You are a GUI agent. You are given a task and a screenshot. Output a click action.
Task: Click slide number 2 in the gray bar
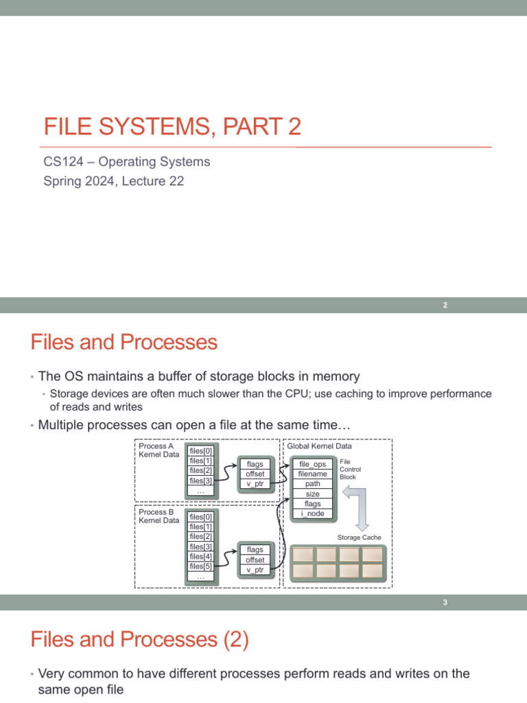tap(445, 306)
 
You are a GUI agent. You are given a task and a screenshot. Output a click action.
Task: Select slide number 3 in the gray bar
tap(445, 603)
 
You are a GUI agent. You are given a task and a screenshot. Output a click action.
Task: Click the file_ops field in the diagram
tap(312, 464)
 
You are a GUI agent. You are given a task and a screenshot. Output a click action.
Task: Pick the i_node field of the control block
tap(312, 514)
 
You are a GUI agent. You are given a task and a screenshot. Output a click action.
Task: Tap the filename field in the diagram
tap(312, 474)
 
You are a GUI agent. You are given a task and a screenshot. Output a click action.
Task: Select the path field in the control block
tap(312, 483)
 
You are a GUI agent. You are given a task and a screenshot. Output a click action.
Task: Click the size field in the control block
tap(312, 494)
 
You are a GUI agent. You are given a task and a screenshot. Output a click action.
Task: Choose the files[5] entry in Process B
tap(200, 566)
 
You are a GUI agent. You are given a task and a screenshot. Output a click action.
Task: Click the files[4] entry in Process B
tap(200, 557)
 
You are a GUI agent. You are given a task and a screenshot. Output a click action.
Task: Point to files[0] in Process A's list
tap(200, 450)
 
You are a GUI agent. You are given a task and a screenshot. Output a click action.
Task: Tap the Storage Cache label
tap(359, 537)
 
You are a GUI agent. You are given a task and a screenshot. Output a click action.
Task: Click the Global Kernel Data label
tap(319, 446)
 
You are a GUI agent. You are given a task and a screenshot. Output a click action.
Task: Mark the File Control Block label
tap(350, 469)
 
